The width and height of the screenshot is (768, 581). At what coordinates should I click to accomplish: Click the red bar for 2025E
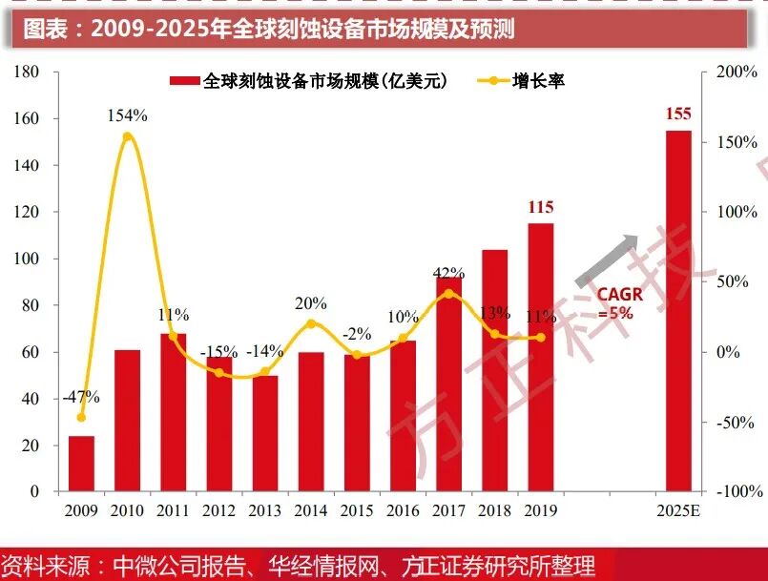tap(678, 311)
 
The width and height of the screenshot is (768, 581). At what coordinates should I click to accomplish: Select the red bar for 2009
tap(81, 464)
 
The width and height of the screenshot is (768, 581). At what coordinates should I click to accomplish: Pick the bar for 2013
tap(265, 433)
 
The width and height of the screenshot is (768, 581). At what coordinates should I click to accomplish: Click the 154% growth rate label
tap(127, 115)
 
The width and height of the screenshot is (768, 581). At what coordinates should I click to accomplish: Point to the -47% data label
tap(80, 397)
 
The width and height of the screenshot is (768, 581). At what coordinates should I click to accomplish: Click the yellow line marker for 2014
tap(311, 323)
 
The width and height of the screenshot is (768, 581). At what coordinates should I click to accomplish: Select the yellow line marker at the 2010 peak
tap(128, 136)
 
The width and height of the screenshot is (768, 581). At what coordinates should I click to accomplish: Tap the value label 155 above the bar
tap(678, 114)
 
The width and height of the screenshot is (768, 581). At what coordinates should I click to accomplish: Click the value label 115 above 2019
tap(540, 207)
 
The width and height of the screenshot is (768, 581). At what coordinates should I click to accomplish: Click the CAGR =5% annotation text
tap(619, 303)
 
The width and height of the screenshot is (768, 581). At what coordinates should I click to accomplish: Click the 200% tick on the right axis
tap(736, 72)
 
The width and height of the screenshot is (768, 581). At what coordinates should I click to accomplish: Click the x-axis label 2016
tap(403, 510)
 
